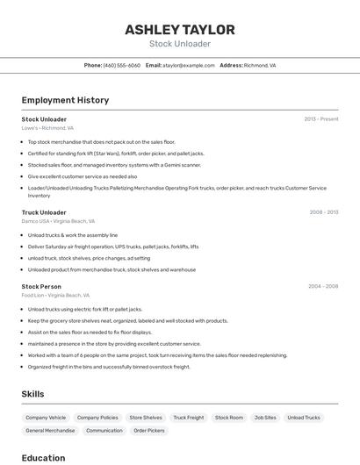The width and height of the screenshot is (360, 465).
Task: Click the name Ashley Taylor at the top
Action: [180, 29]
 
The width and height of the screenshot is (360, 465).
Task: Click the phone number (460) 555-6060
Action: [121, 65]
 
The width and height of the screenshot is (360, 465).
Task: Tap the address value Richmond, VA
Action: [260, 65]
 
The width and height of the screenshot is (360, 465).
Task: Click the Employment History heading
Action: [65, 100]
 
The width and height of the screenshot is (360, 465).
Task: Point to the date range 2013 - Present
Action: [321, 119]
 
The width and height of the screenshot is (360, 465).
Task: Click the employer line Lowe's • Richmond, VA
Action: [47, 128]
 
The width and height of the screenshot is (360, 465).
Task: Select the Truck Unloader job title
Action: [44, 212]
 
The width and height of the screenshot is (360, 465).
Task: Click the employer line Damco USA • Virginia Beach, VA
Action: [58, 221]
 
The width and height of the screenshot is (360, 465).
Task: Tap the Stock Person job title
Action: [41, 286]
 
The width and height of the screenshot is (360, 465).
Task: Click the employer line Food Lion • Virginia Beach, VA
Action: [55, 296]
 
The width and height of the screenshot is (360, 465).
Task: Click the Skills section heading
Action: [32, 394]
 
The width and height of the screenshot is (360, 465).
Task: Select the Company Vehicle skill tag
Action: [46, 418]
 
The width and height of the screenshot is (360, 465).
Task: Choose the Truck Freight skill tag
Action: [188, 418]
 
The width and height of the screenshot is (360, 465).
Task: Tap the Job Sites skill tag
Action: [265, 418]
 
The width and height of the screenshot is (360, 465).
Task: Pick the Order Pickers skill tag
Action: [149, 431]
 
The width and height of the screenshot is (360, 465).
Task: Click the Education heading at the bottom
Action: [43, 458]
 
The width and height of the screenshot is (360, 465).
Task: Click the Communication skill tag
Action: [104, 431]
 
